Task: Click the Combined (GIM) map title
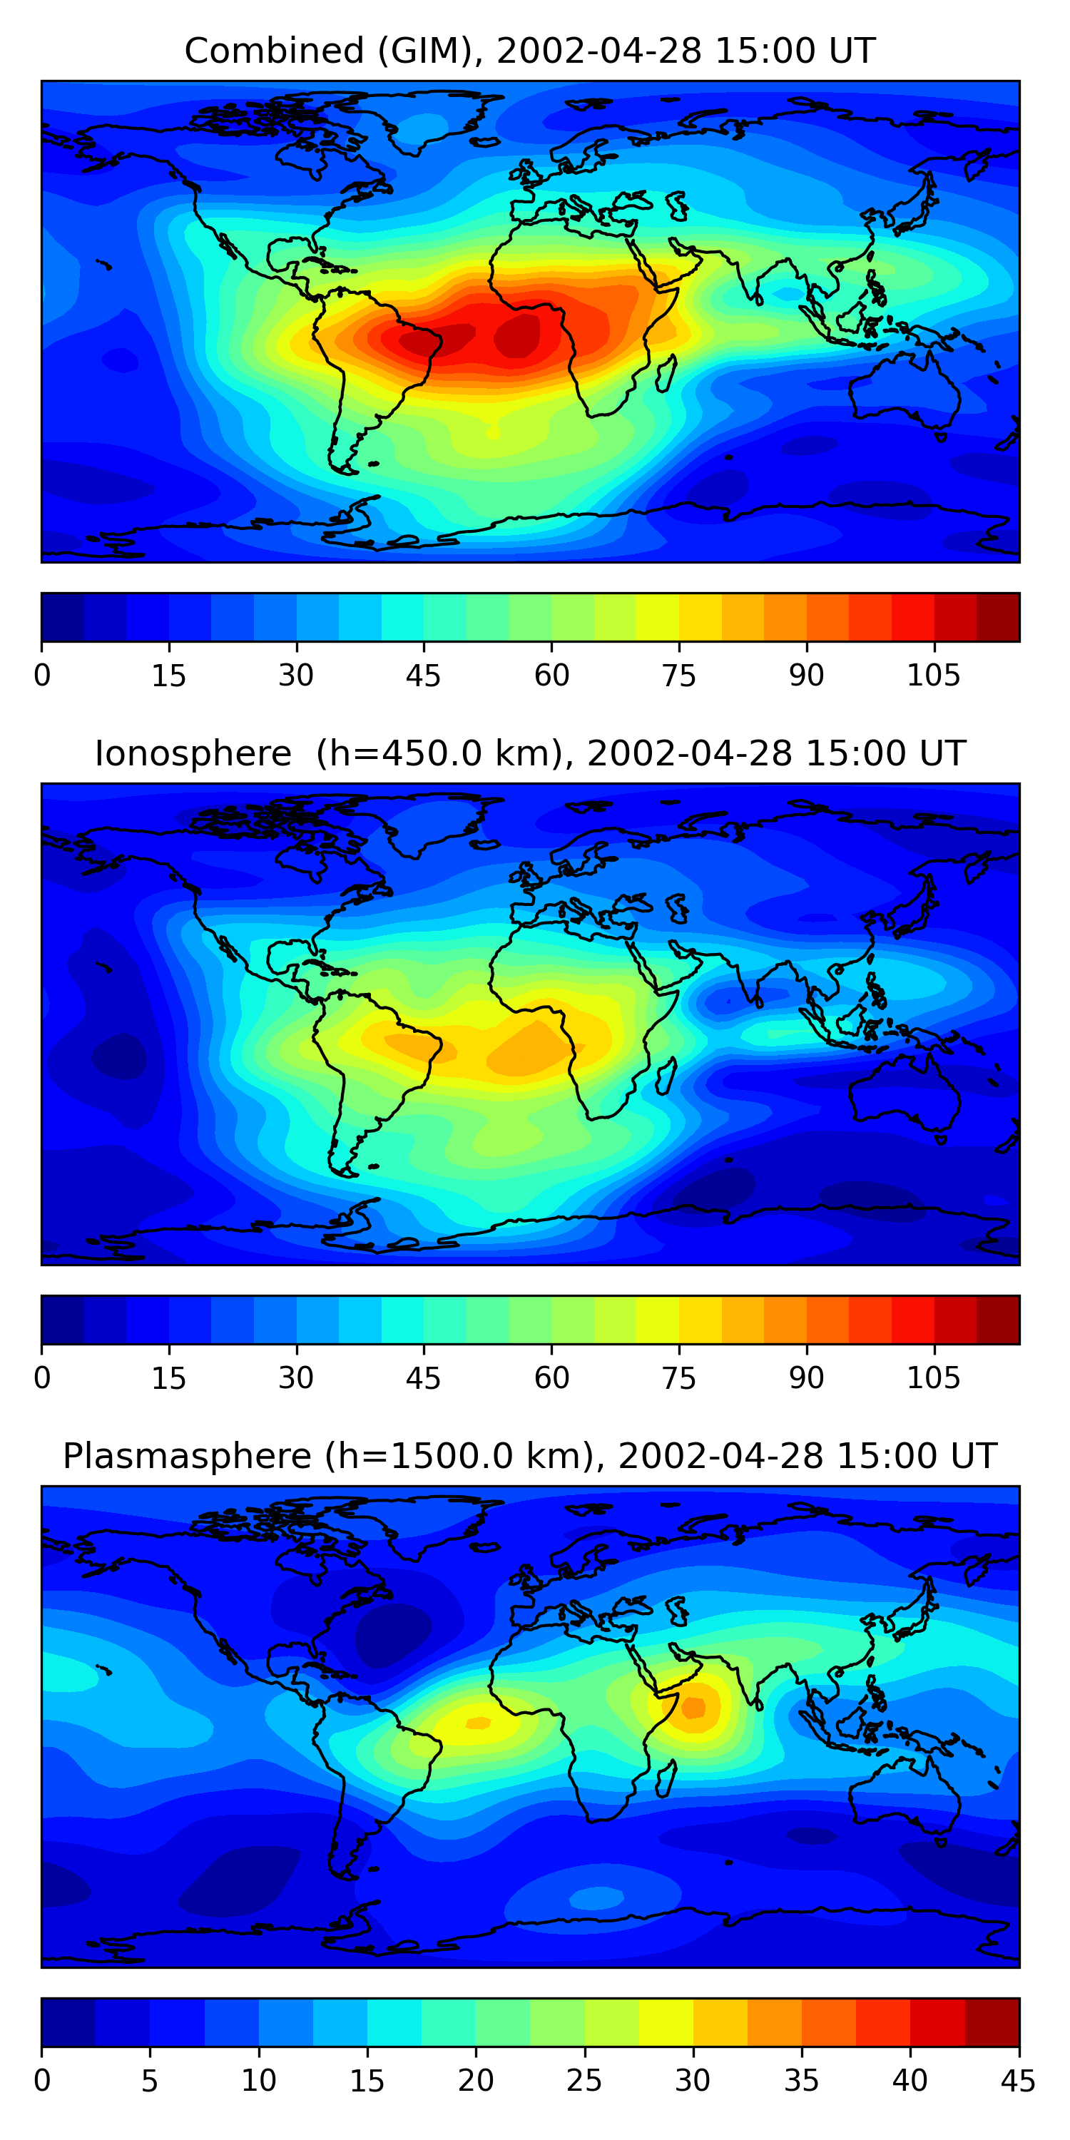pos(529,51)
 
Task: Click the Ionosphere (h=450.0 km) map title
pos(529,753)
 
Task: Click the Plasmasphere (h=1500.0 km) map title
pos(529,1457)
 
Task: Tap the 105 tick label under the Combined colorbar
pos(933,676)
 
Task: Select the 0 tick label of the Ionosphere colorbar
pos(42,1378)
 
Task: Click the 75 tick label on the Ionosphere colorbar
pos(678,1378)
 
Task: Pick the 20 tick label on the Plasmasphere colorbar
pos(475,2081)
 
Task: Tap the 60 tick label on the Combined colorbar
pos(551,676)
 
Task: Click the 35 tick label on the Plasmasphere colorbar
pos(801,2081)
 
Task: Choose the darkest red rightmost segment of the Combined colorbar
pos(998,617)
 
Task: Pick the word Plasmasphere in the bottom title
pos(187,1457)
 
